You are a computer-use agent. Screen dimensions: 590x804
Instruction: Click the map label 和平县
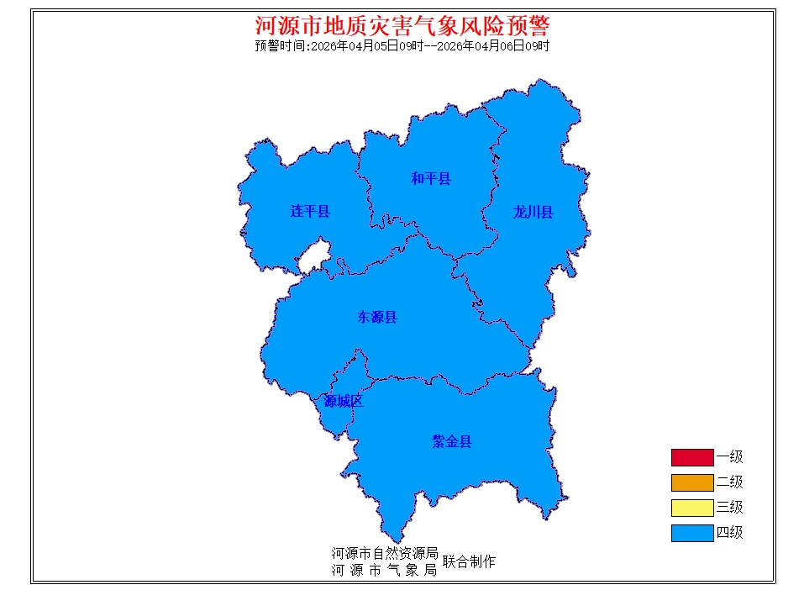[x=430, y=178]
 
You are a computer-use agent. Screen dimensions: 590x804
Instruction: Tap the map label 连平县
[x=310, y=211]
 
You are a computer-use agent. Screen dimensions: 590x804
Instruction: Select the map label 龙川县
[x=533, y=212]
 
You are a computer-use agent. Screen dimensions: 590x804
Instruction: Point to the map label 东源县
[x=376, y=317]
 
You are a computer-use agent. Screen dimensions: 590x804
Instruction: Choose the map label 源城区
[x=344, y=401]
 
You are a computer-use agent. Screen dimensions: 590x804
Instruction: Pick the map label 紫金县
[x=452, y=441]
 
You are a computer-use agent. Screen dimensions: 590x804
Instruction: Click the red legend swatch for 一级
[x=691, y=457]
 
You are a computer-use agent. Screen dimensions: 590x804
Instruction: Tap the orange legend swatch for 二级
[x=691, y=482]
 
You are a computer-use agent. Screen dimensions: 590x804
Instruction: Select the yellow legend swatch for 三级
[x=691, y=508]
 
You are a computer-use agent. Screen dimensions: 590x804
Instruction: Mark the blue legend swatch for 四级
[x=691, y=533]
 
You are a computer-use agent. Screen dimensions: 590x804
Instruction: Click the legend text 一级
[x=729, y=457]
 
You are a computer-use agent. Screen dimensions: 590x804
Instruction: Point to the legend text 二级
[x=729, y=482]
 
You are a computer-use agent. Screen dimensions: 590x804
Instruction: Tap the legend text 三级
[x=729, y=508]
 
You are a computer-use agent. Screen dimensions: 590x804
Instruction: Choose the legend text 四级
[x=729, y=533]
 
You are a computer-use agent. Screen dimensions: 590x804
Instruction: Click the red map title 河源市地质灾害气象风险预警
[x=402, y=24]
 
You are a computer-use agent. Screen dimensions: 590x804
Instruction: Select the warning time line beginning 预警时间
[x=402, y=46]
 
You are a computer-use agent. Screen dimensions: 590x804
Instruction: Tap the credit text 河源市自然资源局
[x=385, y=554]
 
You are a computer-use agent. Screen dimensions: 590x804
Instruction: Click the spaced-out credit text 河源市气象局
[x=385, y=570]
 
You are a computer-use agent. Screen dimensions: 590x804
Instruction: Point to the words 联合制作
[x=469, y=561]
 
